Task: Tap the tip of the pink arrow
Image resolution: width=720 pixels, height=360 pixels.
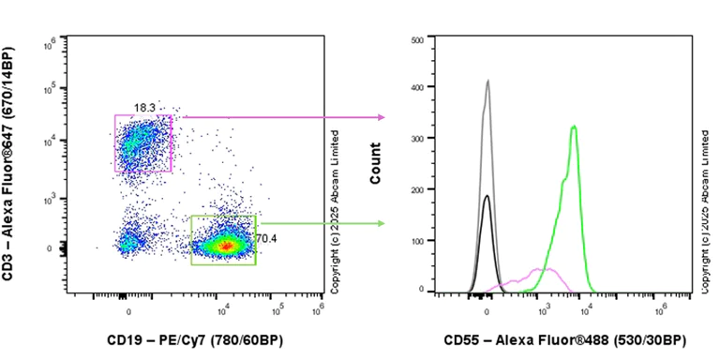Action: pyautogui.click(x=383, y=117)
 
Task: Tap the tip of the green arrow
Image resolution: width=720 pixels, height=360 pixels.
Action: pyautogui.click(x=383, y=223)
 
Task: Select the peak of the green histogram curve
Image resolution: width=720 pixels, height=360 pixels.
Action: pyautogui.click(x=574, y=126)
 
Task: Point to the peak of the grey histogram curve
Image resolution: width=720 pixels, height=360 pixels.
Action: pyautogui.click(x=487, y=81)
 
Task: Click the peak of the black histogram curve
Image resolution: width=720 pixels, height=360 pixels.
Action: pyautogui.click(x=487, y=196)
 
